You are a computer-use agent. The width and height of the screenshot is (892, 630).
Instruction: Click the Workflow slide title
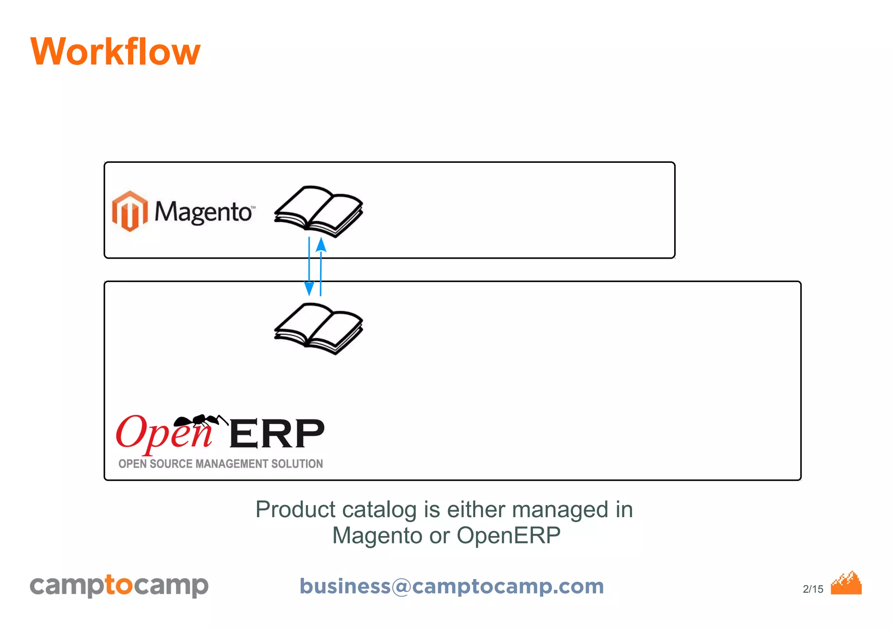(x=115, y=52)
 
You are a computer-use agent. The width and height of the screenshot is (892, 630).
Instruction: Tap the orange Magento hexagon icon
(x=129, y=211)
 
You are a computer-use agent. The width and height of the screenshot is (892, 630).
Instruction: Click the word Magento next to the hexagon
(x=203, y=212)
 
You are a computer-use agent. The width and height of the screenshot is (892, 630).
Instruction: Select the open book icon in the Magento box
(x=318, y=211)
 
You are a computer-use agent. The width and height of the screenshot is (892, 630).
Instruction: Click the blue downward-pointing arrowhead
(x=309, y=288)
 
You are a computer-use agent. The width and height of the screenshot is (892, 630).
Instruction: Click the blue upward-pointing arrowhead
(x=321, y=245)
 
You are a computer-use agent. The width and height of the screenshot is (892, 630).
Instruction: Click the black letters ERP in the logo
(x=277, y=434)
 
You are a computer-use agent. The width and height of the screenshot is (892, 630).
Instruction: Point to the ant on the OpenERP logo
(x=198, y=420)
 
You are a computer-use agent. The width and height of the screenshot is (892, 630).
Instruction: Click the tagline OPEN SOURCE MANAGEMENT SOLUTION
(x=220, y=464)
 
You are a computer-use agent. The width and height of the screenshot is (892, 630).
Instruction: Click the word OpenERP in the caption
(x=508, y=536)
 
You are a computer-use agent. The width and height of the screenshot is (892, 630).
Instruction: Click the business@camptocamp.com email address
(x=452, y=586)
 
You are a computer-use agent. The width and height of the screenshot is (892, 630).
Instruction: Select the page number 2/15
(x=813, y=589)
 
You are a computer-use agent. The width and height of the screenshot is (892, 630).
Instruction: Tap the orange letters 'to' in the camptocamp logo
(x=118, y=585)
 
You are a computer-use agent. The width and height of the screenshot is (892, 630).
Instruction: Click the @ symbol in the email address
(x=401, y=586)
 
